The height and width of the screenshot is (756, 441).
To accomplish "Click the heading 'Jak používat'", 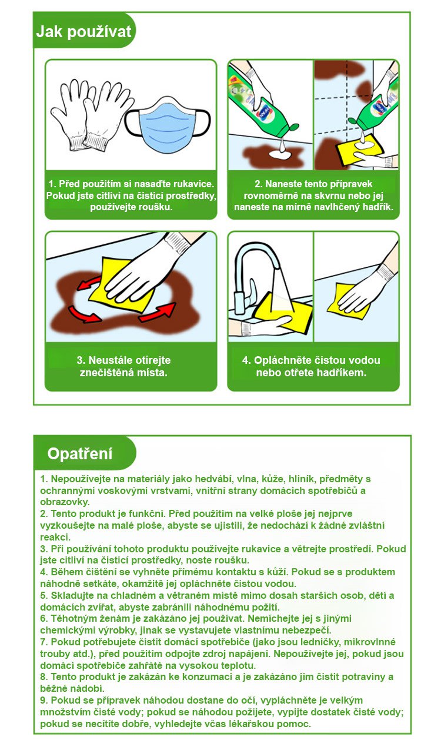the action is click(83, 32).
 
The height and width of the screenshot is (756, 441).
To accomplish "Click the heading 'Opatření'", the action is click(79, 453).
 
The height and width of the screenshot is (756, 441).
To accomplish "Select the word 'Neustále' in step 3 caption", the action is click(109, 360).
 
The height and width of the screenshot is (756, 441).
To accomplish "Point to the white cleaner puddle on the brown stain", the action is click(280, 155).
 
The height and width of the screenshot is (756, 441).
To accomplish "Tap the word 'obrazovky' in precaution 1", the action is click(65, 502).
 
